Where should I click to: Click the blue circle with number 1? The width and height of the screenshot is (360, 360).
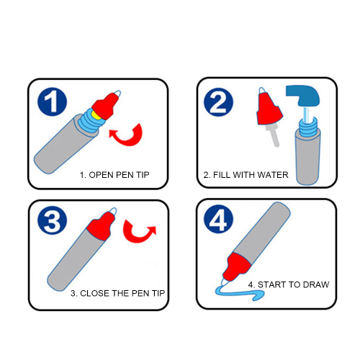point(52,102)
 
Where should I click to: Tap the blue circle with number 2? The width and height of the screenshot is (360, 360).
point(218,102)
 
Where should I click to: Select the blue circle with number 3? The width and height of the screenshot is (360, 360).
point(52,220)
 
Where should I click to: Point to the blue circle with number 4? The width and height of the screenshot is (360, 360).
point(218,219)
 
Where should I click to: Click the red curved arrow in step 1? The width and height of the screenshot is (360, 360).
point(127,140)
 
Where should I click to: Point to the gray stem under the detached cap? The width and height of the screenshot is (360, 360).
point(274,135)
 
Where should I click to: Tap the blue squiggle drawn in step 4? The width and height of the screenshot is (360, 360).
point(240,292)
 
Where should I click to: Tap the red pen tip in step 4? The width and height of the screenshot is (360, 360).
point(236,266)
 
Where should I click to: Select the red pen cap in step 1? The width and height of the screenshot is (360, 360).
point(106,106)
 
